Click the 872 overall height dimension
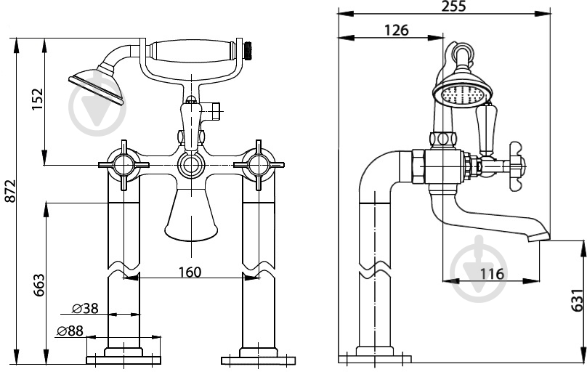point(10,191)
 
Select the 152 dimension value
point(38,99)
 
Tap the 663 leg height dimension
point(39,285)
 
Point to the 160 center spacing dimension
point(190,272)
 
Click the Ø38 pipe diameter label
point(85,308)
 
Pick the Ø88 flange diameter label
point(70,331)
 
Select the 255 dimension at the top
point(454,6)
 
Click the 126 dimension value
point(397,30)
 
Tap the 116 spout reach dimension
point(492,275)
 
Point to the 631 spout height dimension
point(577,300)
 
